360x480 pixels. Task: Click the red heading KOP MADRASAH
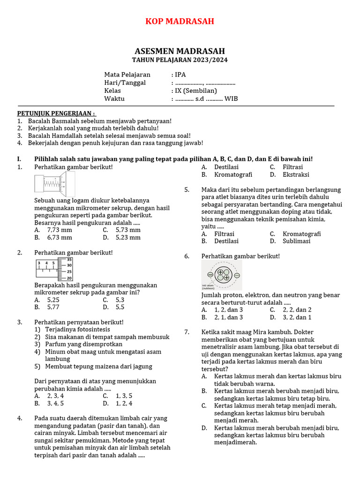tap(180, 21)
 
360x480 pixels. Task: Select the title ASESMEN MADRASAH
tap(180, 51)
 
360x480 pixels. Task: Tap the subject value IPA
tap(180, 75)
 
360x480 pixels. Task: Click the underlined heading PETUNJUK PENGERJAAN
tap(56, 113)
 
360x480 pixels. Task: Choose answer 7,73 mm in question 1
tap(60, 230)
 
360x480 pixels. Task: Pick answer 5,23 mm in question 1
tap(128, 238)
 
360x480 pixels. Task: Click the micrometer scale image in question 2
tap(54, 269)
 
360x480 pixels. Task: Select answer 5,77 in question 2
tap(53, 307)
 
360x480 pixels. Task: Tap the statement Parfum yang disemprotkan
tap(78, 344)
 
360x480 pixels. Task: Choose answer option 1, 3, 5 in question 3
tap(124, 396)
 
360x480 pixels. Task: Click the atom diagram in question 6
tap(221, 276)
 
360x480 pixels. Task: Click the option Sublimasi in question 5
tap(296, 241)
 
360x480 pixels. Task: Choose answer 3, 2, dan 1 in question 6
tap(297, 317)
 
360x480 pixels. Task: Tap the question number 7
tap(187, 332)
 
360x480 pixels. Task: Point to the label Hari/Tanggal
tap(125, 83)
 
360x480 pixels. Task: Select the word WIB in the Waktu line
tap(231, 99)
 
